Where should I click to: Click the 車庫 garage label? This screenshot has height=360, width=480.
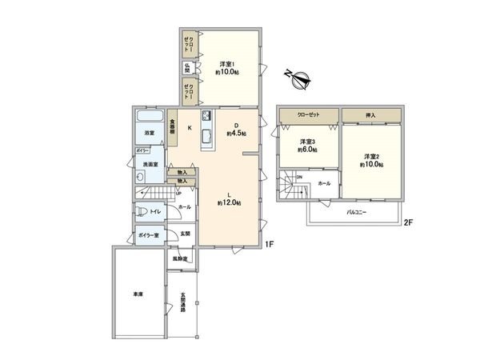(x=138, y=294)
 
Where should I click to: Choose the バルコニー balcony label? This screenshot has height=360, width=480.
(x=357, y=213)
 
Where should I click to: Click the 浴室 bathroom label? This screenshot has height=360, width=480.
(x=149, y=132)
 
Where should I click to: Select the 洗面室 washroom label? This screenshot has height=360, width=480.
(x=150, y=165)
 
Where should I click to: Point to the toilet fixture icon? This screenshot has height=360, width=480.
(x=141, y=212)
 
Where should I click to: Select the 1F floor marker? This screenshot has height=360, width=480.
(x=270, y=244)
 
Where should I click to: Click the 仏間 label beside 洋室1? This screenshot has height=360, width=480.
(x=187, y=68)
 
